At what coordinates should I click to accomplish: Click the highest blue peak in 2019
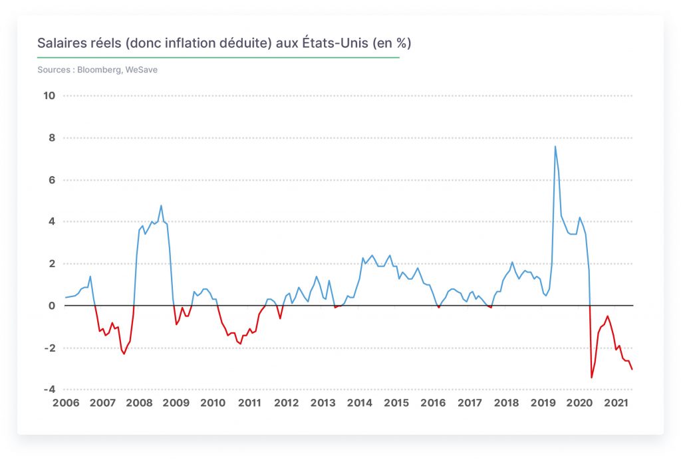(x=555, y=147)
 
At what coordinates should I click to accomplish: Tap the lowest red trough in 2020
(x=591, y=377)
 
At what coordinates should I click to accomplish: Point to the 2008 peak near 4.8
(x=161, y=205)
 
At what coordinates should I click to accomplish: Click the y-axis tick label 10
(x=49, y=96)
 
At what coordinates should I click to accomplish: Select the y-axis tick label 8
(x=52, y=138)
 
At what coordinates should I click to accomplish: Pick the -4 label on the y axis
(x=49, y=390)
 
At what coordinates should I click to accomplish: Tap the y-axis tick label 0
(x=52, y=306)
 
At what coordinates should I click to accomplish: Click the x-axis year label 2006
(x=66, y=403)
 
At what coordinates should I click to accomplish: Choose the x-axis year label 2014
(x=360, y=403)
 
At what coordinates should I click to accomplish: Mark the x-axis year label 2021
(x=616, y=403)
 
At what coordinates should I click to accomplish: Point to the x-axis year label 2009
(x=176, y=403)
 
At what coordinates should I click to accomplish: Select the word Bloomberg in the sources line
(x=100, y=70)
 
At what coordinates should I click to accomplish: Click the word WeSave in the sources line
(x=142, y=69)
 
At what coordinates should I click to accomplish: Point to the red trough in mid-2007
(x=124, y=354)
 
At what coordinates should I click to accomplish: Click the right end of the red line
(x=632, y=369)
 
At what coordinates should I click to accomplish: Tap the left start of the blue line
(x=66, y=297)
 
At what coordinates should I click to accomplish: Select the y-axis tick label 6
(x=52, y=180)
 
